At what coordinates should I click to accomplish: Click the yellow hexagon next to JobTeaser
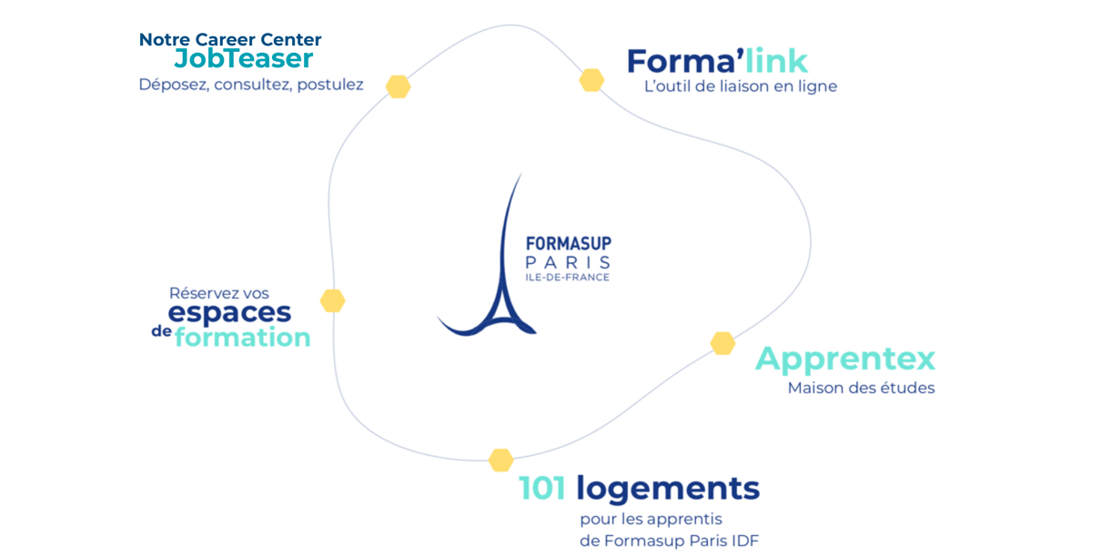pyautogui.click(x=398, y=86)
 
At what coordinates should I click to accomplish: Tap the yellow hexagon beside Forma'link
pyautogui.click(x=591, y=80)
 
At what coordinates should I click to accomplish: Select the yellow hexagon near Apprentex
pyautogui.click(x=722, y=343)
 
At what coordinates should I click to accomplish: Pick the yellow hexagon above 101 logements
pyautogui.click(x=500, y=460)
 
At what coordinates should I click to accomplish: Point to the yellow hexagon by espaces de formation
pyautogui.click(x=332, y=300)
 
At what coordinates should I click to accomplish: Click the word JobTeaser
pyautogui.click(x=244, y=58)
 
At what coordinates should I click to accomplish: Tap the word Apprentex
pyautogui.click(x=844, y=359)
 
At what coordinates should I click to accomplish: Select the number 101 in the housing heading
pyautogui.click(x=542, y=489)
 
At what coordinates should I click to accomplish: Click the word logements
pyautogui.click(x=667, y=490)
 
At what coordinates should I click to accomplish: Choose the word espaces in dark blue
pyautogui.click(x=229, y=312)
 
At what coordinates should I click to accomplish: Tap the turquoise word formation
pyautogui.click(x=242, y=338)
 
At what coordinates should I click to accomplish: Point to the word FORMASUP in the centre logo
pyautogui.click(x=568, y=244)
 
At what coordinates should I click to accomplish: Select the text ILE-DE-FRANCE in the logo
pyautogui.click(x=567, y=278)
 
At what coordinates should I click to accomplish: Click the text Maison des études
pyautogui.click(x=861, y=388)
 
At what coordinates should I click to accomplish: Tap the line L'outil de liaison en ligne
pyautogui.click(x=740, y=86)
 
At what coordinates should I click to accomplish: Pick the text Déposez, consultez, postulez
pyautogui.click(x=250, y=85)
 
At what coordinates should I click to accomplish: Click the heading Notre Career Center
pyautogui.click(x=230, y=39)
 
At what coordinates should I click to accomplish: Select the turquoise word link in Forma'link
pyautogui.click(x=776, y=61)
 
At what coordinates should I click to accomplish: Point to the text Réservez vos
pyautogui.click(x=218, y=293)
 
